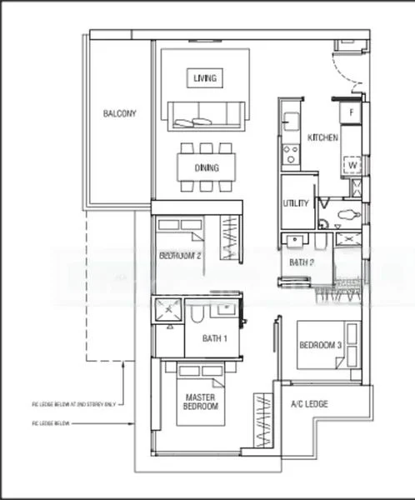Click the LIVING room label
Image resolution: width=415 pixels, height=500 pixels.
click(x=204, y=78)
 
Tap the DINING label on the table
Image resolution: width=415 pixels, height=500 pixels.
click(x=207, y=167)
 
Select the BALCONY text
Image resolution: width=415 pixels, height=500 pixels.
click(x=120, y=113)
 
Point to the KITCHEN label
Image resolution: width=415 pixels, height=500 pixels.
click(x=322, y=137)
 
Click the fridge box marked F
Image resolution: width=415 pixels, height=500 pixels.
click(x=352, y=112)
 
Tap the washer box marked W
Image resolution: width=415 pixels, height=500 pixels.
click(x=352, y=165)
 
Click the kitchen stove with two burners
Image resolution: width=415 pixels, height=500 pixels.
click(x=290, y=153)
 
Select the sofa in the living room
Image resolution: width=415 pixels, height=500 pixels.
click(x=205, y=116)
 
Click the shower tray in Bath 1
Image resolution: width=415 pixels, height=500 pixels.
click(x=167, y=311)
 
